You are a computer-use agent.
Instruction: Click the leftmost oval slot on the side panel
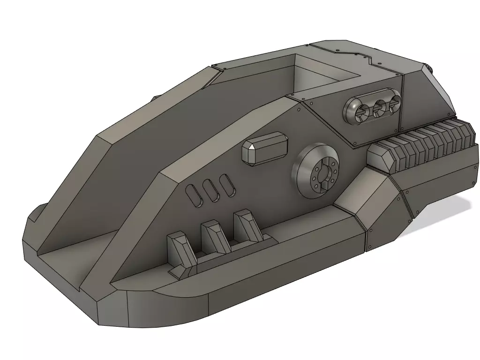pos(194,194)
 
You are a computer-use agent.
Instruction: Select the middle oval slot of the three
pos(211,189)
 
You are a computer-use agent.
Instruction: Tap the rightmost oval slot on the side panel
pos(227,185)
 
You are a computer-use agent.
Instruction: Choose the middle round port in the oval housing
pos(379,109)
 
